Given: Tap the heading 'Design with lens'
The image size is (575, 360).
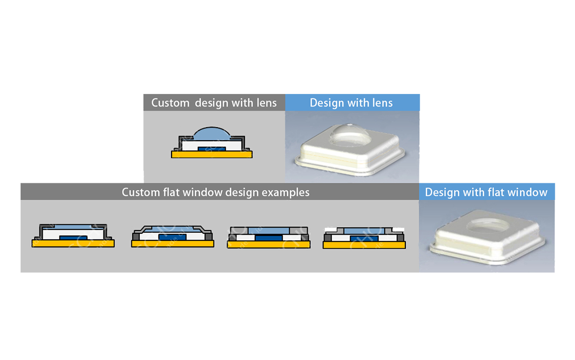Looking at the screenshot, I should (x=351, y=103).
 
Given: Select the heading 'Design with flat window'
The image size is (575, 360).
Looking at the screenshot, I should (x=486, y=192).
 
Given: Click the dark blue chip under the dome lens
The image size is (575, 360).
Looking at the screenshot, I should (x=212, y=148).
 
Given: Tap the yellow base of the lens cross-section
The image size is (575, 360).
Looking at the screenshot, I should (x=212, y=154).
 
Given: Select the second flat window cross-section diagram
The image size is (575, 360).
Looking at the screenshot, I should (x=172, y=236).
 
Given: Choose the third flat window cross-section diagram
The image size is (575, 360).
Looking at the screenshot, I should (x=269, y=237).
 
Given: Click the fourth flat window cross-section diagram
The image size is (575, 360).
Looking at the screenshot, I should (x=364, y=237).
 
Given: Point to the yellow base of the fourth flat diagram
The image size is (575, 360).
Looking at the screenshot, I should (x=364, y=245).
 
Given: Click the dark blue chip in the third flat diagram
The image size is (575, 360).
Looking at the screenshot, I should (x=269, y=238).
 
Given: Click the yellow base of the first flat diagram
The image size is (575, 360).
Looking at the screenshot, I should (x=73, y=243).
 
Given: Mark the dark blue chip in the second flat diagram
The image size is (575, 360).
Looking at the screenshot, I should (x=172, y=237).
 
